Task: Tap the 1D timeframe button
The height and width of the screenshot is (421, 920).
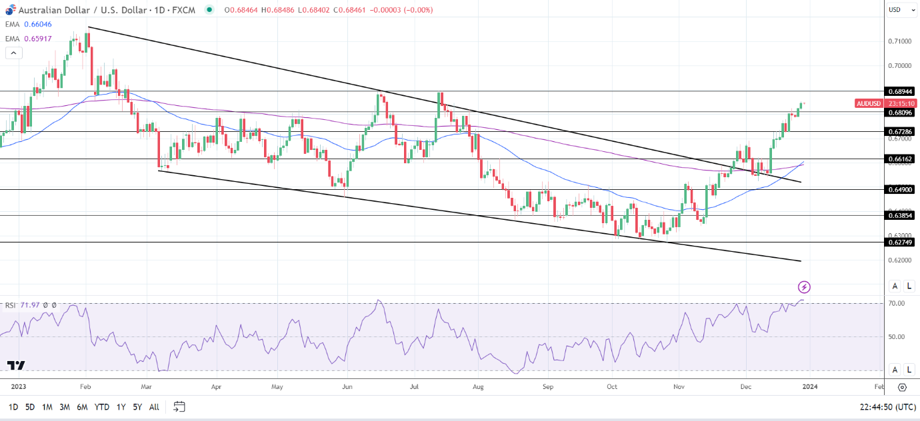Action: tap(13, 407)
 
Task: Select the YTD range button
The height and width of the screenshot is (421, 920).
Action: tap(102, 407)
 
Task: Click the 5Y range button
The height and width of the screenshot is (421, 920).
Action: tap(137, 407)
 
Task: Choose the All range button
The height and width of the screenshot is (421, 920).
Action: tap(154, 407)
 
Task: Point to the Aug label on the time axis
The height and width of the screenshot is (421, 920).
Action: tap(478, 386)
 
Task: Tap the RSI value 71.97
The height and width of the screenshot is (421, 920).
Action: tap(30, 306)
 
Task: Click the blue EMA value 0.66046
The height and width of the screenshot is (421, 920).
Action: tap(37, 24)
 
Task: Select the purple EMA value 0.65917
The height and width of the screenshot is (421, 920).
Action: tap(37, 39)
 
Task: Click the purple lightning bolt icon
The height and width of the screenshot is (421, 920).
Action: tap(805, 287)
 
